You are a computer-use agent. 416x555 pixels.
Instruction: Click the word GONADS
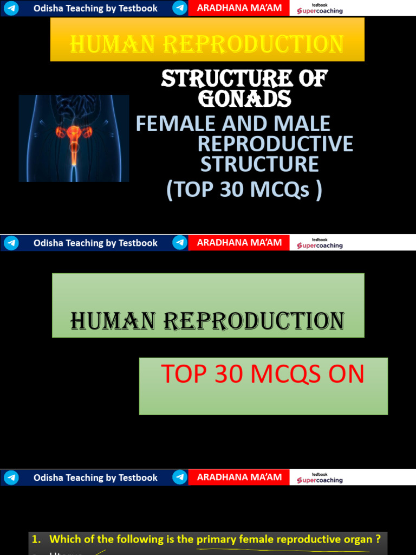245,99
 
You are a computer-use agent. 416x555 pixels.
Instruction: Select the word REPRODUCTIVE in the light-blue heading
275,144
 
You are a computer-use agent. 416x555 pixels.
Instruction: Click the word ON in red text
346,375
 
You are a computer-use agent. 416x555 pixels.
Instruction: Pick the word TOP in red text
182,375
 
